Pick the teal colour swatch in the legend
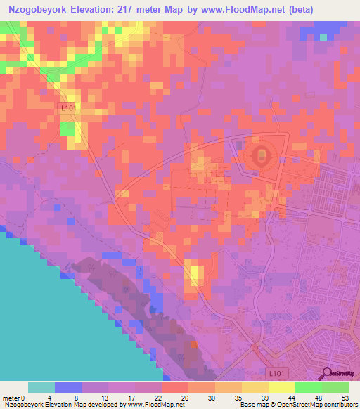click(41, 387)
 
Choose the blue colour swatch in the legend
click(68, 387)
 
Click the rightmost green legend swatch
click(335, 387)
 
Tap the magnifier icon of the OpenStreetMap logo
click(326, 374)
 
